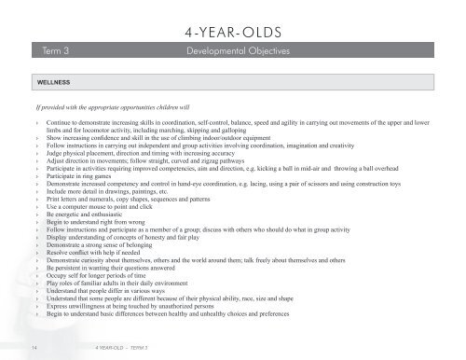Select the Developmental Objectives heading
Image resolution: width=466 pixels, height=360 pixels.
point(239,48)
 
